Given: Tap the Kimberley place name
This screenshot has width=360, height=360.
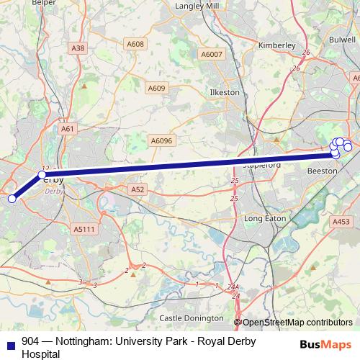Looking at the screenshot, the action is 276,45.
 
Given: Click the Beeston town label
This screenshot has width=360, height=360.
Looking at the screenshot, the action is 322,171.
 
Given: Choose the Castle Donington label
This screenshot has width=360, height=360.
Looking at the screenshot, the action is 192,318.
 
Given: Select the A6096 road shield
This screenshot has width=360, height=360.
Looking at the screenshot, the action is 161,141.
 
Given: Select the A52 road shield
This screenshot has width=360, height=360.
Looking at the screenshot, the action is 138,189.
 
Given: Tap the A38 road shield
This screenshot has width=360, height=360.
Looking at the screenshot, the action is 78,48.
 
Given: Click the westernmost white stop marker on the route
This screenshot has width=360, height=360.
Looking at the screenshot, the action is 12,199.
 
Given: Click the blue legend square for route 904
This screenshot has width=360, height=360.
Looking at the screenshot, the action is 9,342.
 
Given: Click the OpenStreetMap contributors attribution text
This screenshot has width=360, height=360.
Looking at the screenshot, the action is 297,323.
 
